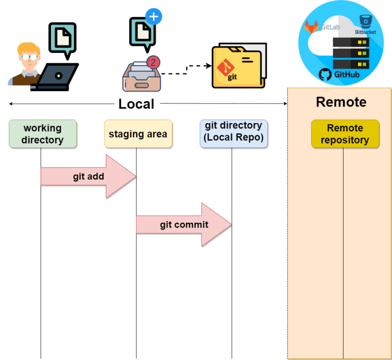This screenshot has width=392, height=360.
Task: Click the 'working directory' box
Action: click(x=43, y=134)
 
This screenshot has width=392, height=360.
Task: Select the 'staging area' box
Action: click(x=138, y=134)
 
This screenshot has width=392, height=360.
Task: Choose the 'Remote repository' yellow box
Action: click(x=345, y=134)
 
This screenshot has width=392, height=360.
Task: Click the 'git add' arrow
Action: click(x=88, y=177)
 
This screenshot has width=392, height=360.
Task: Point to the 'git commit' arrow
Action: click(x=184, y=225)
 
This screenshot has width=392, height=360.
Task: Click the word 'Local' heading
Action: click(x=136, y=104)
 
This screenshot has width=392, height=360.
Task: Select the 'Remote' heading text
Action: click(x=341, y=102)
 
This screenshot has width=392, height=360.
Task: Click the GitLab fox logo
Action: click(x=311, y=26)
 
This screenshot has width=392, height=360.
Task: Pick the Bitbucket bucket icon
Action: click(x=365, y=21)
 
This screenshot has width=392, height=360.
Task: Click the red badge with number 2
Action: click(x=153, y=62)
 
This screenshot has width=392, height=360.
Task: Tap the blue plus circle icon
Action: click(x=154, y=17)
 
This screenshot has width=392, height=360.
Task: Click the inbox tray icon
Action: click(x=141, y=78)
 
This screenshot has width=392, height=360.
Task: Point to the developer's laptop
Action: click(x=55, y=77)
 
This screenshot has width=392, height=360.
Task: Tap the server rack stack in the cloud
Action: click(x=350, y=53)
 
